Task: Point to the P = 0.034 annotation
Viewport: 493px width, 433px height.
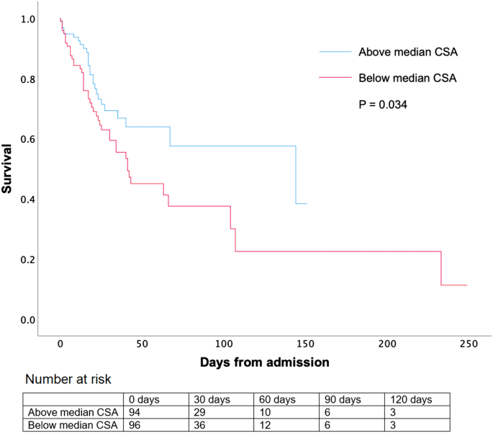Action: coord(383,104)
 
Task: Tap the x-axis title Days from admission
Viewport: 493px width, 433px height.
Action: coord(264,362)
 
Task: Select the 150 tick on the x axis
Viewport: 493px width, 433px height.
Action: coord(305,344)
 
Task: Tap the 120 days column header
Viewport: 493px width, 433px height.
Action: coord(409,399)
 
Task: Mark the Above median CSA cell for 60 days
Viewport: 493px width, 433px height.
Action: coord(263,412)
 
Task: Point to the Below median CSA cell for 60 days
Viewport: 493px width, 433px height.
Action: coord(263,425)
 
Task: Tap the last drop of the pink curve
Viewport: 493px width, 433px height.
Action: coord(441,268)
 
